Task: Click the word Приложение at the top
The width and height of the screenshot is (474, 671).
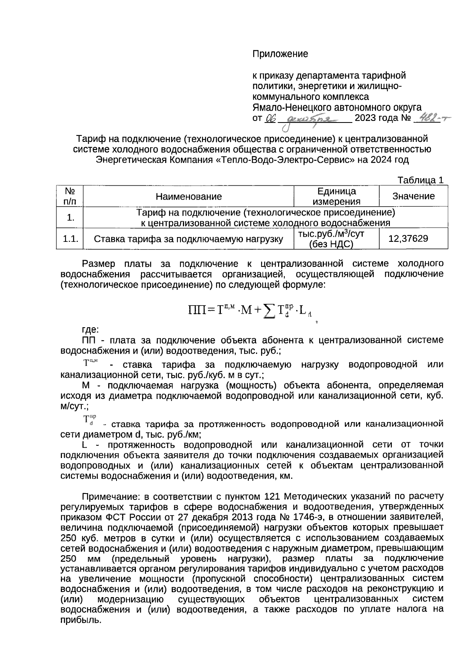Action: point(280,54)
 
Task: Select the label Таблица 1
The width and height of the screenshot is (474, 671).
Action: point(420,180)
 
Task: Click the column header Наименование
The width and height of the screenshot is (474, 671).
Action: point(188,196)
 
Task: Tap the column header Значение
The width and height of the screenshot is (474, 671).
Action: point(413,196)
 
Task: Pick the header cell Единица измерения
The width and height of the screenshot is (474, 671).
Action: point(336,196)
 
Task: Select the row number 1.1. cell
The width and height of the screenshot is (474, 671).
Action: point(70,239)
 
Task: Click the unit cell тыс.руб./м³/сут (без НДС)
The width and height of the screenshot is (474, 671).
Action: point(331,239)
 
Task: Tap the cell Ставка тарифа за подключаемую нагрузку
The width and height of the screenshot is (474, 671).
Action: point(188,239)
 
